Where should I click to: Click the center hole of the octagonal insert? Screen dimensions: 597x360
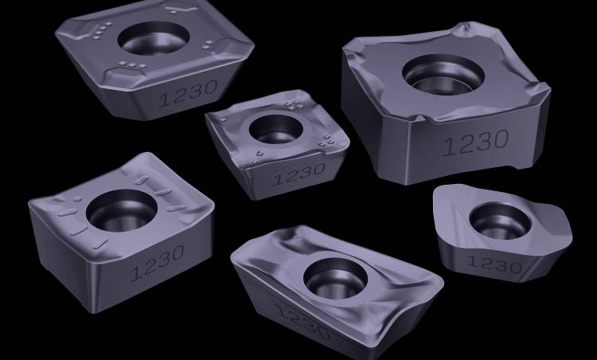(154, 37)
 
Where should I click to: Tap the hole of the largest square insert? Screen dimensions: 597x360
(443, 75)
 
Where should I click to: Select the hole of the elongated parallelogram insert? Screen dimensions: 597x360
(335, 278)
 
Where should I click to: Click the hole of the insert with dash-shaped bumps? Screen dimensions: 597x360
(122, 210)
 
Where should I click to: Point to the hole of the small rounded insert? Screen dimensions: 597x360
(500, 221)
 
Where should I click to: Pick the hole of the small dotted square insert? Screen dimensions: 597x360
(276, 129)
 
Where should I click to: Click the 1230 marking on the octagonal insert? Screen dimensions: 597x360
(189, 93)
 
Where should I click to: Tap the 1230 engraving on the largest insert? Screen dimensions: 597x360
(476, 143)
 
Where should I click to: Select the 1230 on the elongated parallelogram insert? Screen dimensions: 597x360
(302, 322)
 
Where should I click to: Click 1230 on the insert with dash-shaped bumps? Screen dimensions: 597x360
(158, 263)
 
